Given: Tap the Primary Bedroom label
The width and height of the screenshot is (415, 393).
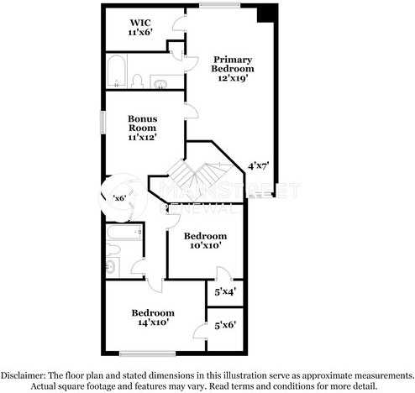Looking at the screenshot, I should point(233,64).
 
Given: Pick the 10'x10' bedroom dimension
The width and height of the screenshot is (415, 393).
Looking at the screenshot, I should point(205,246).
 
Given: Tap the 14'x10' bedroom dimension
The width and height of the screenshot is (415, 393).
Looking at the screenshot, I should point(153,322).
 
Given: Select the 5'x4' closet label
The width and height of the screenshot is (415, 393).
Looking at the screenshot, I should point(225,292).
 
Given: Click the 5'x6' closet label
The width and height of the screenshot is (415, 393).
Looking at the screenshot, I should point(225,325).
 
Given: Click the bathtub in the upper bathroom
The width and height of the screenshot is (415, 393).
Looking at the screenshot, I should point(117,71).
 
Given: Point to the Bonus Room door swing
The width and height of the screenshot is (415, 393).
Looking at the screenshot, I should point(192,110).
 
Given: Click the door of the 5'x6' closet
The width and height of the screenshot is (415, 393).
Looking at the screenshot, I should point(202,332).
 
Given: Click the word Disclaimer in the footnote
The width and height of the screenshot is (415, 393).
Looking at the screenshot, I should point(27,375).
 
